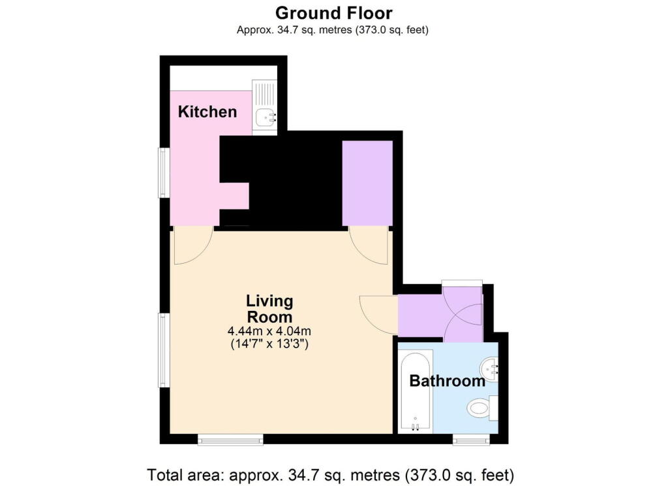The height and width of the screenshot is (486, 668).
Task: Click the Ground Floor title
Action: point(333,12)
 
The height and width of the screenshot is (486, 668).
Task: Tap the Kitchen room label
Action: point(207,112)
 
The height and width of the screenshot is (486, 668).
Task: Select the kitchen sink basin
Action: point(266,118)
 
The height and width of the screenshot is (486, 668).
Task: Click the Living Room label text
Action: point(269,309)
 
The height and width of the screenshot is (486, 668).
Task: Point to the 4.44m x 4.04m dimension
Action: point(269,331)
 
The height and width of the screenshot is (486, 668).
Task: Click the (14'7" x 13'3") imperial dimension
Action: point(269,344)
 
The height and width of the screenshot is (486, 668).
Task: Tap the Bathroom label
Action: point(447,381)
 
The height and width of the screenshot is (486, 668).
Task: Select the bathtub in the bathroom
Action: point(414,392)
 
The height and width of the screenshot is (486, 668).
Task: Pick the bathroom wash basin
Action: point(490,370)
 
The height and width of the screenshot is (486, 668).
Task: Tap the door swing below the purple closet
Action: point(369,245)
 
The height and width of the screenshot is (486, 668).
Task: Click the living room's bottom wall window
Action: point(230,441)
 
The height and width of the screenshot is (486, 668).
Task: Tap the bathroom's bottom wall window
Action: point(471,441)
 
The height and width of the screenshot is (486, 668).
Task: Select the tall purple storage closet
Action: point(367,183)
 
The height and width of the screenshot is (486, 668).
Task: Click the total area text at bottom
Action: point(333,473)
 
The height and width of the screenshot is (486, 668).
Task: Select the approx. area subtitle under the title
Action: point(333,30)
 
